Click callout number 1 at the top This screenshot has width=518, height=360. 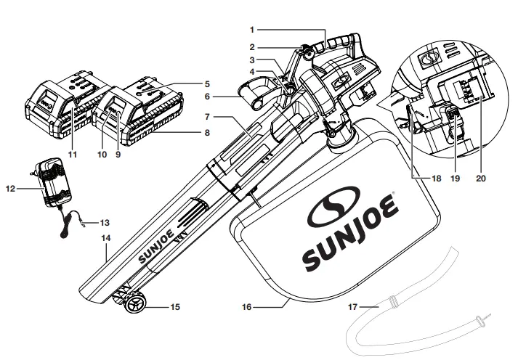click(x=251, y=30)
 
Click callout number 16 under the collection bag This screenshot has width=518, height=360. click(x=247, y=307)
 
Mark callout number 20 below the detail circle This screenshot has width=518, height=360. click(x=480, y=176)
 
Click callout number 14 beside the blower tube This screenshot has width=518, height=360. click(x=106, y=237)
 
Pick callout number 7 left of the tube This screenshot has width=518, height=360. click(x=207, y=116)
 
